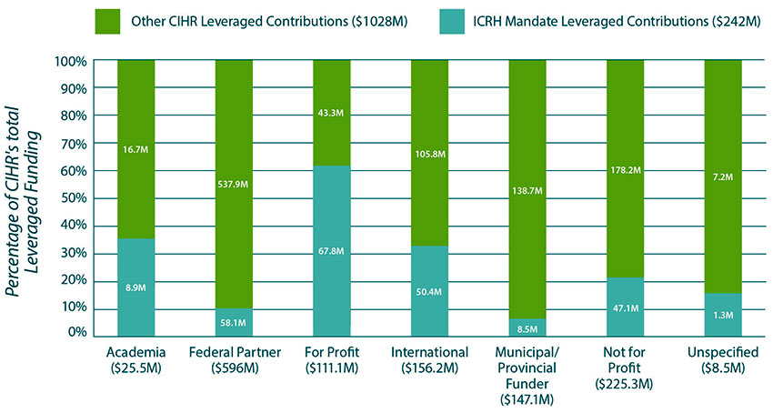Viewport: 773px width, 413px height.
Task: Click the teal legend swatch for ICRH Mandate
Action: click(x=427, y=21)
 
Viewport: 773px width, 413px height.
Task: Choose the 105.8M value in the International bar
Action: click(x=430, y=154)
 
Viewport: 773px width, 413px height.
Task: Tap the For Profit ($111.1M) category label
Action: click(x=332, y=359)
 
